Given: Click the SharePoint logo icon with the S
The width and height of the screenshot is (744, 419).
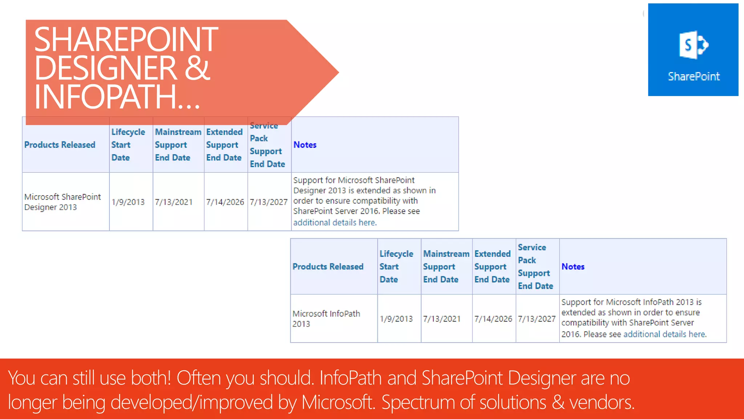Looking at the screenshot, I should (x=693, y=45).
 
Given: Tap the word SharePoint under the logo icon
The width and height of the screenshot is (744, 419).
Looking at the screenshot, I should (x=694, y=76).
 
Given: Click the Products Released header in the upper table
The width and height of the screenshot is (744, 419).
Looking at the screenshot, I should (x=60, y=145).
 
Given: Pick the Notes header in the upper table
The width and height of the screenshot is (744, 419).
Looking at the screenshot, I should (x=305, y=145).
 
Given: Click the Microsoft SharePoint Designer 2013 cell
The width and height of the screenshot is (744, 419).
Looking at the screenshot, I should (x=62, y=202).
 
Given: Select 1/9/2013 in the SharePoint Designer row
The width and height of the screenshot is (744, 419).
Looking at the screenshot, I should (x=128, y=202).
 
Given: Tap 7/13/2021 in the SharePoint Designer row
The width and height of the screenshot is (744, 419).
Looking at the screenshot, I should (x=174, y=202).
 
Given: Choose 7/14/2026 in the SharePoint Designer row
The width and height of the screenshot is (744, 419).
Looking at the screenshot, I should (x=225, y=202).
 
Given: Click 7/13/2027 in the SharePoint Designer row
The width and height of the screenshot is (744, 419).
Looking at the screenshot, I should (x=268, y=202).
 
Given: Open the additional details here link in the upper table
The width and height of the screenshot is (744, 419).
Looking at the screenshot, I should (x=335, y=223).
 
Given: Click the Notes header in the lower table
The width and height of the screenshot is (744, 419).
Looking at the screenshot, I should (x=573, y=267).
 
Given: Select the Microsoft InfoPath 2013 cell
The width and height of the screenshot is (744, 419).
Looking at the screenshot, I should (x=326, y=319).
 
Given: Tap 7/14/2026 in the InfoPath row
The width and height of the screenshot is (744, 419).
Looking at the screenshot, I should (x=493, y=319).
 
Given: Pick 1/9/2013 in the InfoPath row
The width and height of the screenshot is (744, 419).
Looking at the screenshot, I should (x=396, y=319).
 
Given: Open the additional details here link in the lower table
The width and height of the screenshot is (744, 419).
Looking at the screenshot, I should (x=664, y=334).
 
